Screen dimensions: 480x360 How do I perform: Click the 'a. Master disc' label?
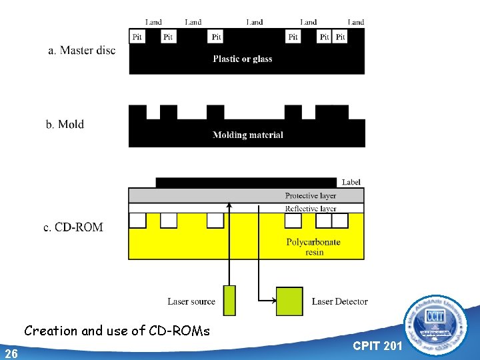(x=81, y=50)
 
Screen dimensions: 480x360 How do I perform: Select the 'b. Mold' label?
(x=65, y=124)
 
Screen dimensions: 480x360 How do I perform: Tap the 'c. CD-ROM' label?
(x=73, y=227)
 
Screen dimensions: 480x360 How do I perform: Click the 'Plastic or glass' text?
(x=243, y=59)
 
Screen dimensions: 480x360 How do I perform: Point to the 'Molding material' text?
(x=248, y=135)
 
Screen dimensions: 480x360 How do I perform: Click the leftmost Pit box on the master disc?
(x=137, y=37)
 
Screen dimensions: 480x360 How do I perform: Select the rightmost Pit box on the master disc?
(x=340, y=37)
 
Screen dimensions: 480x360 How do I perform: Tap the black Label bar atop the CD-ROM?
(x=246, y=182)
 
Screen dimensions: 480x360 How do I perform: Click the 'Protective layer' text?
(x=310, y=195)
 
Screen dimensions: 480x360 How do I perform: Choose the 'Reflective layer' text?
(x=310, y=209)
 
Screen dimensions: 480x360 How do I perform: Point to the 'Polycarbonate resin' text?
(x=313, y=247)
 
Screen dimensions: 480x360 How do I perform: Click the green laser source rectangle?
(x=229, y=300)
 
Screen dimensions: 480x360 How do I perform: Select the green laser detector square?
(x=289, y=300)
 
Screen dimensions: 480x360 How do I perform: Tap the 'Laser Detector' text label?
(x=339, y=302)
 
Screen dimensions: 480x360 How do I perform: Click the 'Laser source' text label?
(x=191, y=302)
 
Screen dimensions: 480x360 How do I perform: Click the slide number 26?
(x=11, y=353)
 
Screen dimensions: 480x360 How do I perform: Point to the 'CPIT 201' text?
(x=377, y=346)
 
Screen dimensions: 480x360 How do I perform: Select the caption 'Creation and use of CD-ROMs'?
(x=117, y=331)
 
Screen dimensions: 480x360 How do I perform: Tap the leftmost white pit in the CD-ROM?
(x=137, y=220)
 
